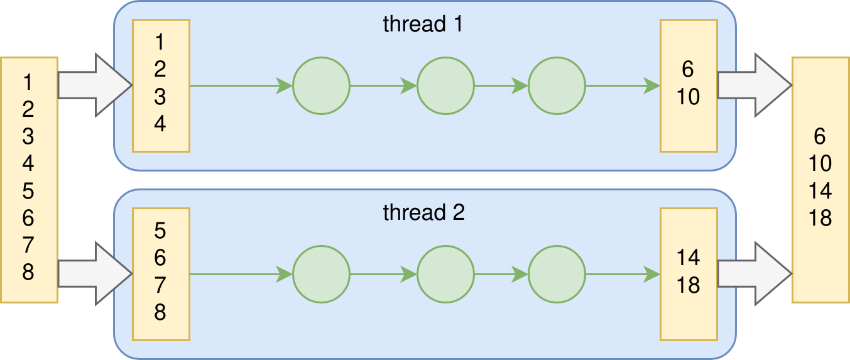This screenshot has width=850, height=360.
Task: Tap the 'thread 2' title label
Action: coord(423,212)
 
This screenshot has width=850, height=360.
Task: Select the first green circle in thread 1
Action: coord(320,85)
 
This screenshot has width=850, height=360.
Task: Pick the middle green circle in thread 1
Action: coord(445,85)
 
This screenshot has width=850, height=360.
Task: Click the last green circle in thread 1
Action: coord(557,85)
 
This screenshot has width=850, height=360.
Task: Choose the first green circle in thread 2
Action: coord(320,274)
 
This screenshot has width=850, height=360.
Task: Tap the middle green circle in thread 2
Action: coord(445,274)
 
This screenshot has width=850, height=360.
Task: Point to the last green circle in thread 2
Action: coord(557,274)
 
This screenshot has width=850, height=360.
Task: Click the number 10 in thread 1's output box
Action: coord(689,97)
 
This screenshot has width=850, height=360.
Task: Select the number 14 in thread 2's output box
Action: coord(689,258)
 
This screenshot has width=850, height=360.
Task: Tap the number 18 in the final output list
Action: coord(820,218)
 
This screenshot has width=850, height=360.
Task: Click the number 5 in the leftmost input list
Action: coord(28,191)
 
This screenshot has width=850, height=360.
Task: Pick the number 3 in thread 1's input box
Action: coord(160,97)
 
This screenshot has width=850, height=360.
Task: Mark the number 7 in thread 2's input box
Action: coord(160,285)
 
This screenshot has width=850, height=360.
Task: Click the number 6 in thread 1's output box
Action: coord(689,69)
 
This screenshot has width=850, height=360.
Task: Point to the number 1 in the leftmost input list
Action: coord(28,82)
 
